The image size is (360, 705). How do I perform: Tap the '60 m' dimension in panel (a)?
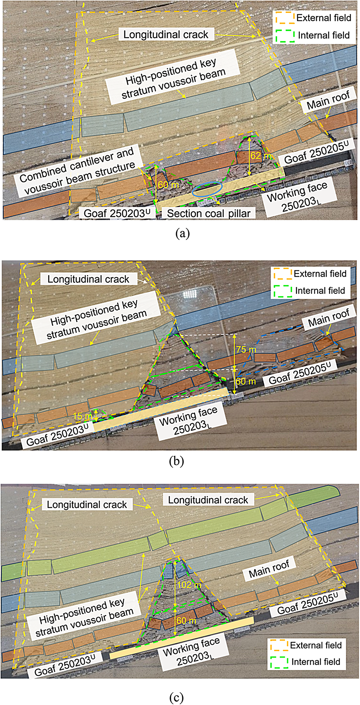tap(168, 184)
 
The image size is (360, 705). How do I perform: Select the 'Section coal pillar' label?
tap(208, 213)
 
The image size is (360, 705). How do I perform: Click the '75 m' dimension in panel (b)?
tap(246, 350)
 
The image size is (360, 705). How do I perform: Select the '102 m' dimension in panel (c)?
tap(189, 585)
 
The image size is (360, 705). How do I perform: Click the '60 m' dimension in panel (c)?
tap(186, 620)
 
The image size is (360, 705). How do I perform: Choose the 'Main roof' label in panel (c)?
tap(269, 569)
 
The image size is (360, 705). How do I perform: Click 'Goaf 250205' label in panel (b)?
tap(300, 374)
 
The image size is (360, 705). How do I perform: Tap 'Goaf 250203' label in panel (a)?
tap(117, 213)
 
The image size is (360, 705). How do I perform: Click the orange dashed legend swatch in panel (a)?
tap(284, 18)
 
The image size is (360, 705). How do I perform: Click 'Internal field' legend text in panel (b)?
tap(320, 290)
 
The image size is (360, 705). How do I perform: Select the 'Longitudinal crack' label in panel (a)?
tap(166, 35)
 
